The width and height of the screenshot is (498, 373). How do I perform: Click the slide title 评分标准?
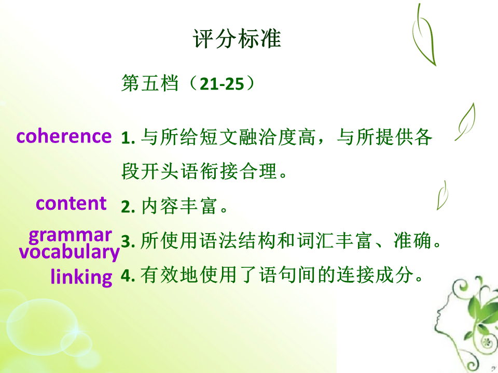237,39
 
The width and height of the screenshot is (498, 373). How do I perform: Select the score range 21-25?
222,84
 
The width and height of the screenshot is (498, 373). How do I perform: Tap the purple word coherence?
64,136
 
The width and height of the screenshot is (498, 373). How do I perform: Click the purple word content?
71,203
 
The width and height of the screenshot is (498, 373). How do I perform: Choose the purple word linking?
81,277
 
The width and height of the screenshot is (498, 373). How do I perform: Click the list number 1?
128,138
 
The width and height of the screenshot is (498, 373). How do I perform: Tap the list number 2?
128,207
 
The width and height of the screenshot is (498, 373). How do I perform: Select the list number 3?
128,241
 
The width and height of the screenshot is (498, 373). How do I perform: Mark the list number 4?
128,276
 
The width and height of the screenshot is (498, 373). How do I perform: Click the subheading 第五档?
150,84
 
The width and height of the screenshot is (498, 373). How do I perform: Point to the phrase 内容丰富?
179,206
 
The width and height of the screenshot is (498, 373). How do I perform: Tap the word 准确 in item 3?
412,240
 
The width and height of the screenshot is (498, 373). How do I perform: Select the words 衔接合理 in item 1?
238,171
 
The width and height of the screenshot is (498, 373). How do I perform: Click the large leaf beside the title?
424,35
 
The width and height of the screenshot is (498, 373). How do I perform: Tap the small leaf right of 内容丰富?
442,196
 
